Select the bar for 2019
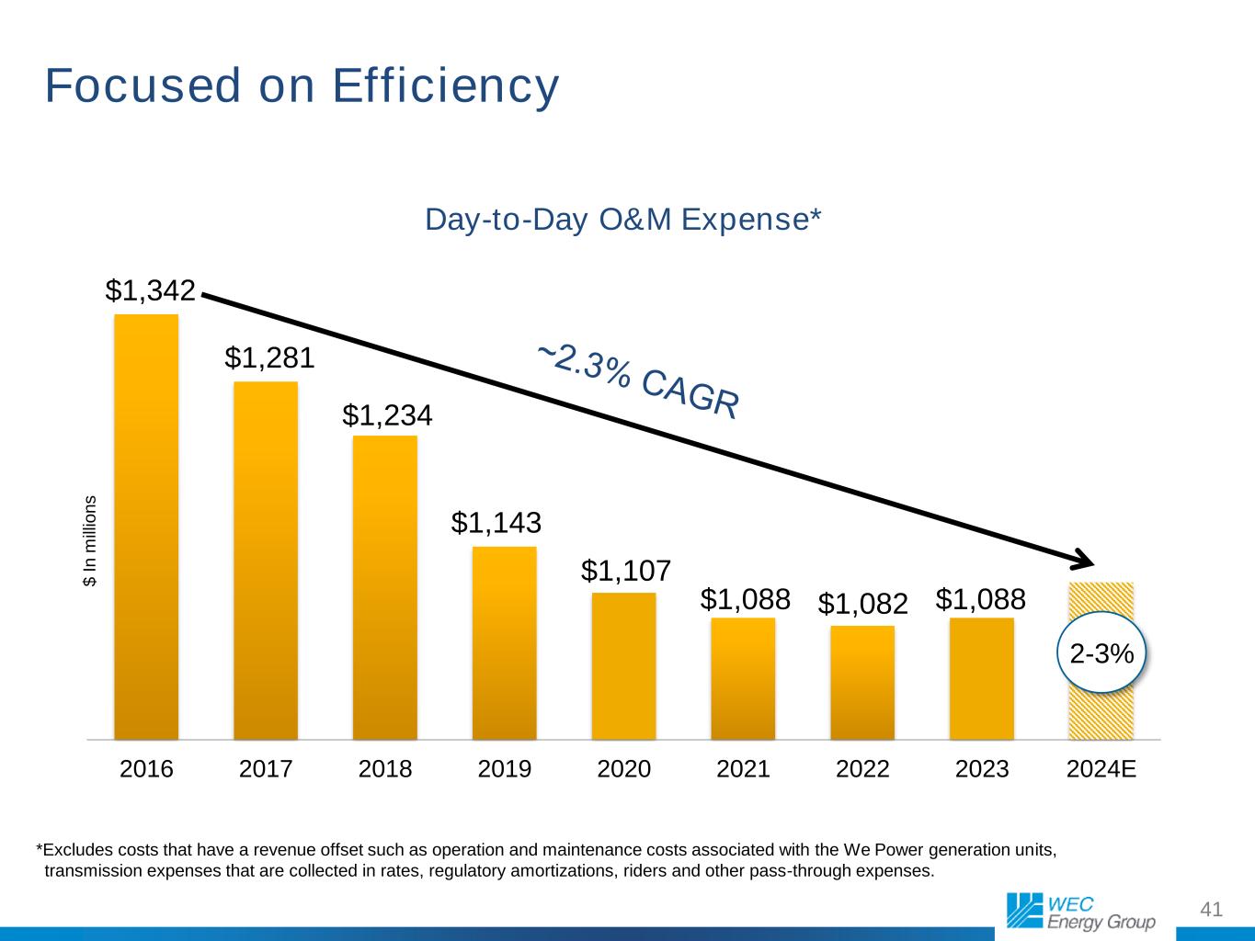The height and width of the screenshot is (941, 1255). (x=504, y=642)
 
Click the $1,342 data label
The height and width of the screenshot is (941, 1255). (x=151, y=290)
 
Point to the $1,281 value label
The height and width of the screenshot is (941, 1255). (x=269, y=357)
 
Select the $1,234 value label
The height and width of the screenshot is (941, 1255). (x=387, y=415)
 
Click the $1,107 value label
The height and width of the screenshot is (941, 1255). (x=625, y=571)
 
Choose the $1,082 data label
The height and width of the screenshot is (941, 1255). (x=862, y=604)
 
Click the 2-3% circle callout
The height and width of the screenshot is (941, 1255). (x=1101, y=652)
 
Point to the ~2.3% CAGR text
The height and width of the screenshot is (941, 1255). (x=638, y=380)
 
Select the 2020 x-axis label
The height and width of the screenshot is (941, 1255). (x=623, y=768)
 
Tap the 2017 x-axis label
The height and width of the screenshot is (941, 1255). (x=266, y=768)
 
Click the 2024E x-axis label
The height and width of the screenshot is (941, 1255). (x=1101, y=768)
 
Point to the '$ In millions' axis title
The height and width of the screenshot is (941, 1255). (x=90, y=541)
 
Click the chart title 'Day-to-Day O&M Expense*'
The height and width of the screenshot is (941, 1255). (x=622, y=221)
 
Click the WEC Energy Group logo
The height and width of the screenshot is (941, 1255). (x=1079, y=910)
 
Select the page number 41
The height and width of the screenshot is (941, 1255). (x=1212, y=910)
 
